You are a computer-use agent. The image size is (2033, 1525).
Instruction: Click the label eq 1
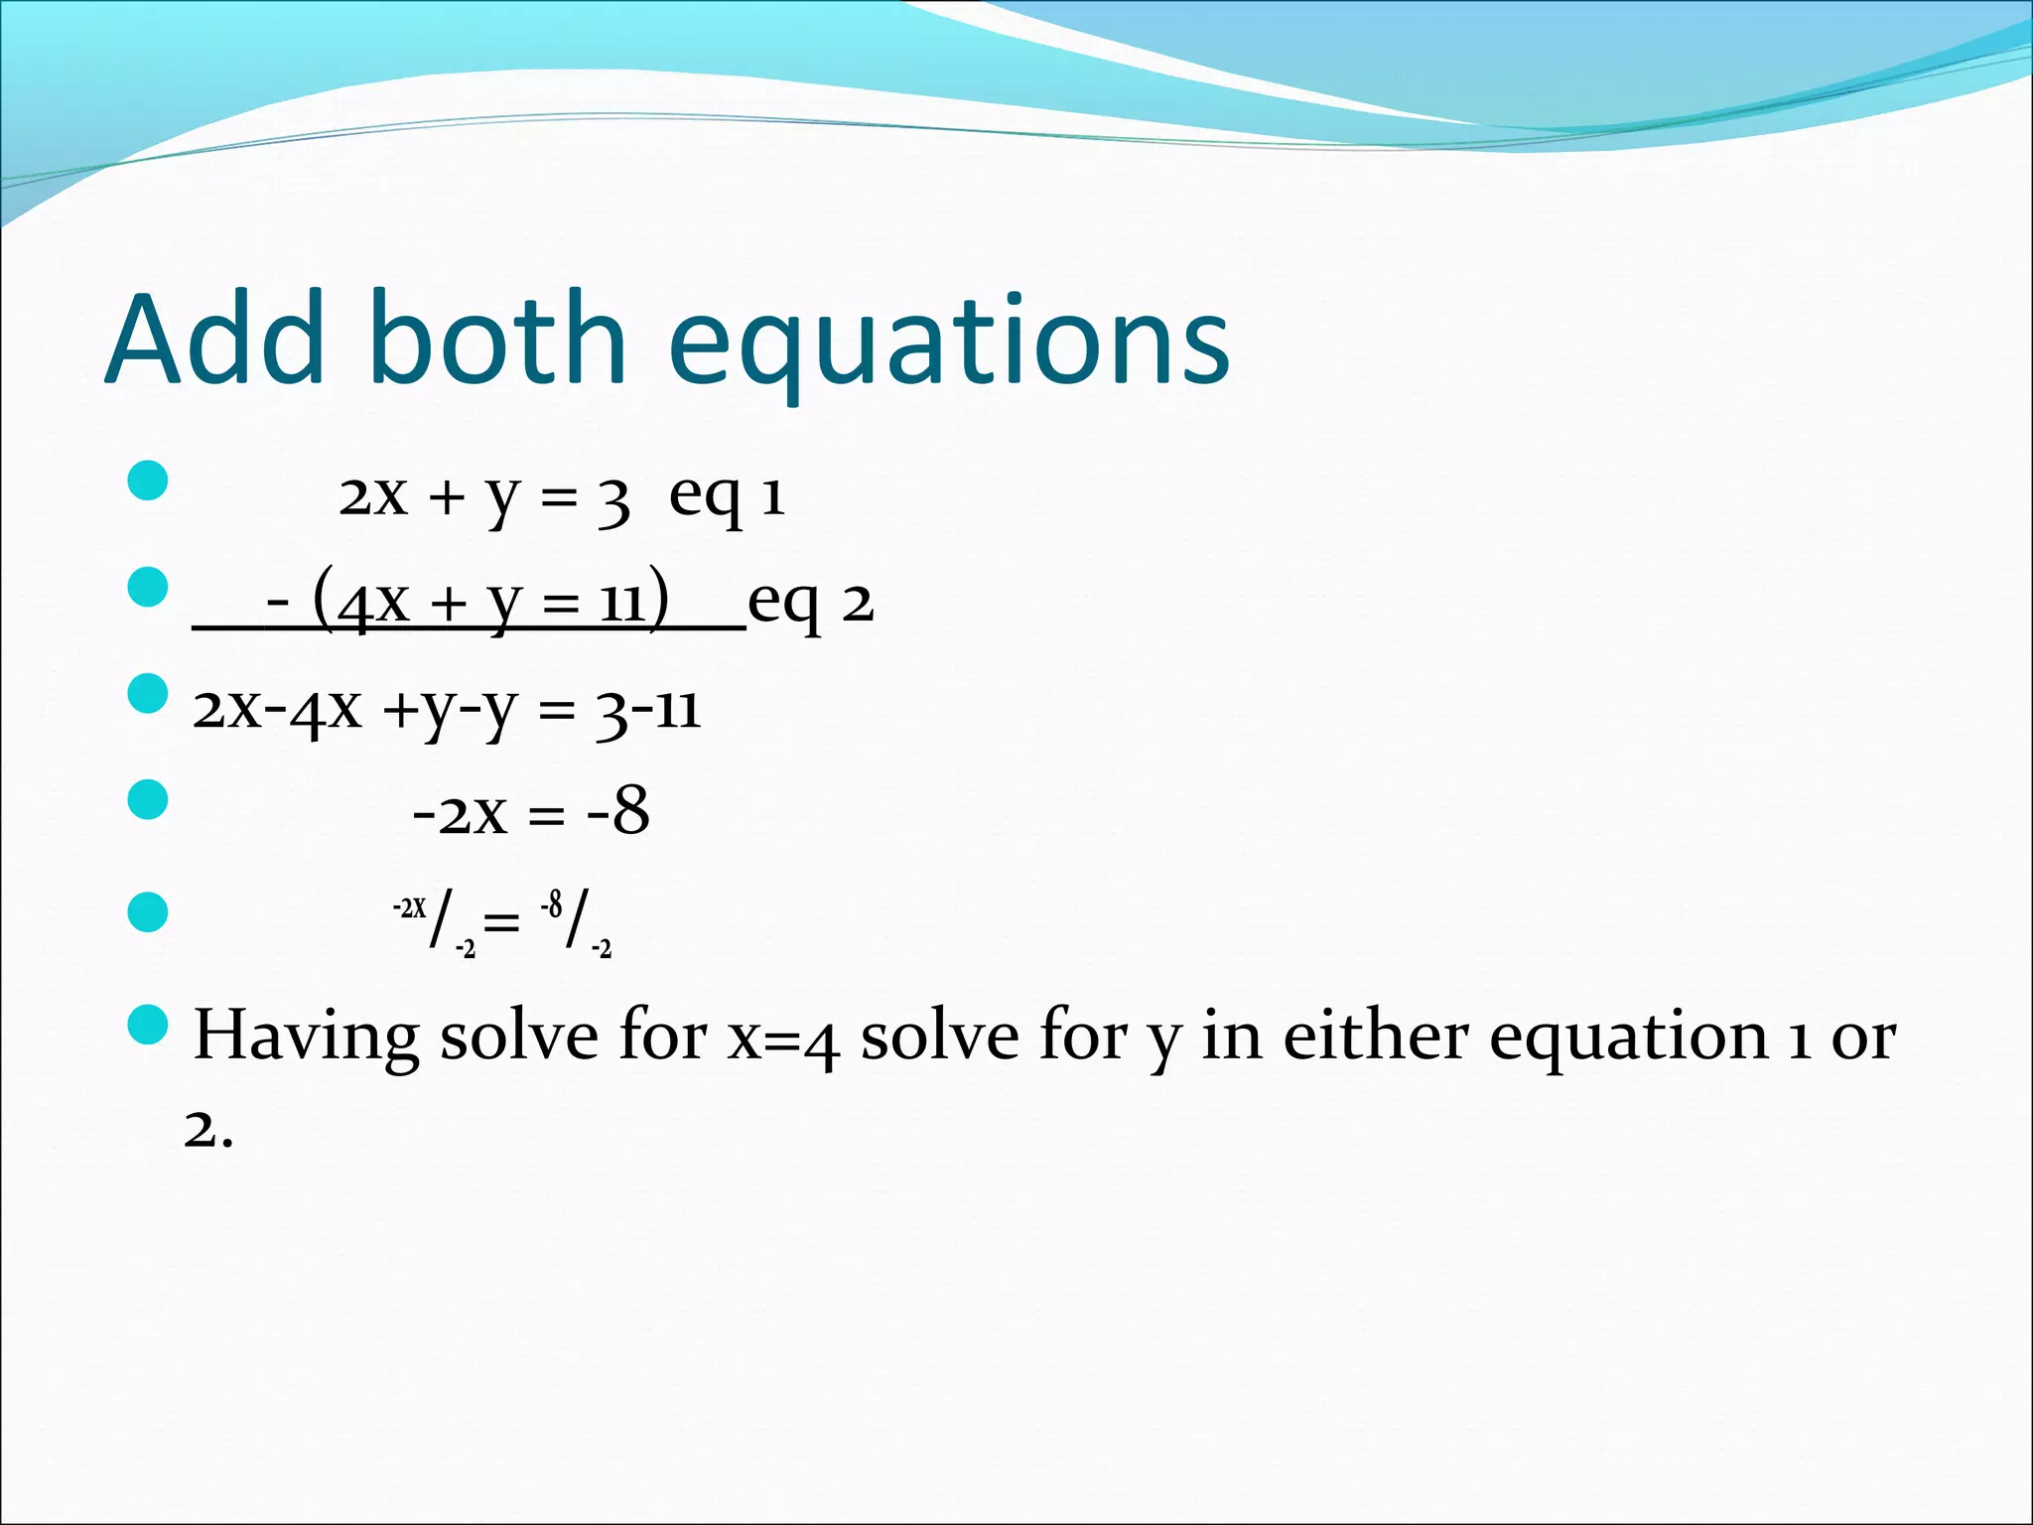point(727,495)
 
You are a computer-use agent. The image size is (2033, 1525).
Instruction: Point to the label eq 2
point(810,602)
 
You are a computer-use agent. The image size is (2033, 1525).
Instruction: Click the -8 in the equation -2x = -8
point(618,811)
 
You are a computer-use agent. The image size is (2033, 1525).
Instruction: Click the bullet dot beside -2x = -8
point(148,800)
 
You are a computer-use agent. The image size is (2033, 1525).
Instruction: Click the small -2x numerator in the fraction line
point(409,907)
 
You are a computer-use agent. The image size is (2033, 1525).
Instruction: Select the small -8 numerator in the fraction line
point(552,904)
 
